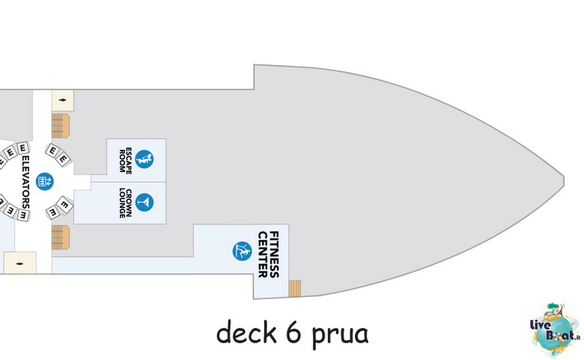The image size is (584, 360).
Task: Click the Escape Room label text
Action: [x=126, y=160]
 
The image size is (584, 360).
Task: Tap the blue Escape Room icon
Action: [x=144, y=159]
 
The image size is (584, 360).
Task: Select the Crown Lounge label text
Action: [x=126, y=203]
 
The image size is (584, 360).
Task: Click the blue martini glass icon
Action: [x=145, y=202]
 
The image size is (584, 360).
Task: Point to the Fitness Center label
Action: [x=268, y=255]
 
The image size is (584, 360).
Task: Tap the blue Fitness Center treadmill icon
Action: [x=242, y=250]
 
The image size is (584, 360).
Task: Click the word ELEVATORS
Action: [x=26, y=182]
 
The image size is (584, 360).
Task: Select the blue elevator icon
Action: [x=45, y=182]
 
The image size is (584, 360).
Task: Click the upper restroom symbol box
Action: [x=63, y=100]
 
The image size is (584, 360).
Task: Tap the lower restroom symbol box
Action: [x=20, y=263]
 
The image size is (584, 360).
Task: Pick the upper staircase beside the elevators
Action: [x=61, y=126]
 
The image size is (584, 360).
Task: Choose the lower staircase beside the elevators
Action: [x=61, y=237]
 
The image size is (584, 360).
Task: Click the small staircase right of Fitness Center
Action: [x=295, y=288]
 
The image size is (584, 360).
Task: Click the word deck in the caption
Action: [x=246, y=332]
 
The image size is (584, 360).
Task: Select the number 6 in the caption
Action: [x=293, y=332]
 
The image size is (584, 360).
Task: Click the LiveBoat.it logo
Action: [x=555, y=331]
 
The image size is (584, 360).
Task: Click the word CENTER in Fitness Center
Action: [x=263, y=255]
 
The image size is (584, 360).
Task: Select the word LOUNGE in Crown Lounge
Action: [x=122, y=203]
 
